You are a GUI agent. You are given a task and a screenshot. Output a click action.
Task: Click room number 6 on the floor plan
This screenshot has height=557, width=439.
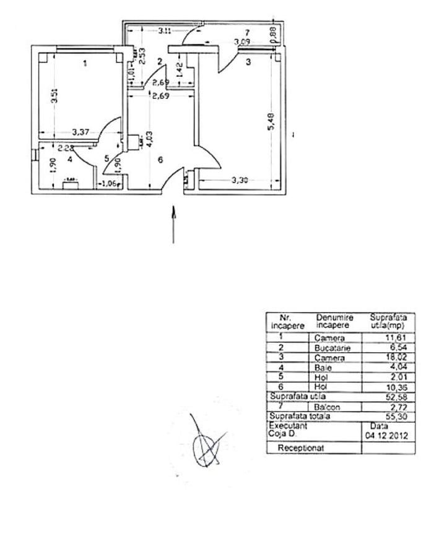click(x=160, y=160)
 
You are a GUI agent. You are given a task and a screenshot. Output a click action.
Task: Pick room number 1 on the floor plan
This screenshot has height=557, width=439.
click(x=85, y=63)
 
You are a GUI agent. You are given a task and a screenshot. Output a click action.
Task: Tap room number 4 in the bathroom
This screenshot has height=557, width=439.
click(x=70, y=159)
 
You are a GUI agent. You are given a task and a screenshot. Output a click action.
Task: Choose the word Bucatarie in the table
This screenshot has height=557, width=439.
click(x=332, y=348)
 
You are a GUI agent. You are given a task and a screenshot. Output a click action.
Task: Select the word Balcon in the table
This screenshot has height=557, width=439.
click(x=328, y=407)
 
